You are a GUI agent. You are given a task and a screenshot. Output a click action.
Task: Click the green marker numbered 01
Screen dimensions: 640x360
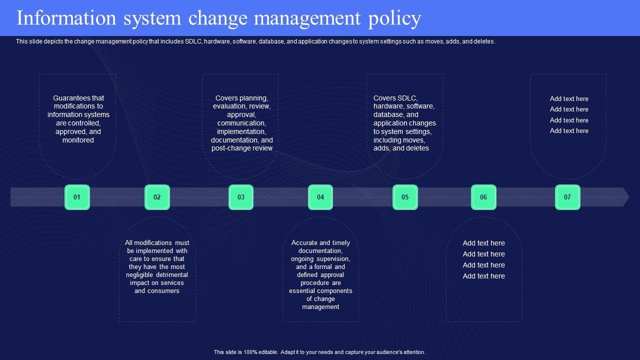coord(77,197)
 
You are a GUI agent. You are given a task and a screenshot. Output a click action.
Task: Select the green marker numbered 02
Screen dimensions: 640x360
coord(157,197)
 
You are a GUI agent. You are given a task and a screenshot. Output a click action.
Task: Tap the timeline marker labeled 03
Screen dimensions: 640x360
coord(241,197)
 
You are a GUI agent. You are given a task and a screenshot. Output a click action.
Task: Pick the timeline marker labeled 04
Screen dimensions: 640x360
coord(320,197)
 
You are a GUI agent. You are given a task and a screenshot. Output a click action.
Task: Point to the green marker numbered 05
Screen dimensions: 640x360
coord(405,197)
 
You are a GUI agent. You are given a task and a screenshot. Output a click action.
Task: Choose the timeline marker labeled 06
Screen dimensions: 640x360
coord(483,197)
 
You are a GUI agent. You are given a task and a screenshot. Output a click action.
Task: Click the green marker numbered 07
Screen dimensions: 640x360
coord(567,197)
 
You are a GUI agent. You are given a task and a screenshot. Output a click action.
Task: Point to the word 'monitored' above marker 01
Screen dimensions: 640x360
coord(78,140)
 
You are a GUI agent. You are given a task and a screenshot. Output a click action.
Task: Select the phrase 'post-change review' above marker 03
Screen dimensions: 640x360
coord(242,148)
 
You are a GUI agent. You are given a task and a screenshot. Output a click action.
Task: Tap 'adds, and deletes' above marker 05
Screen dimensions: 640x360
coord(401,148)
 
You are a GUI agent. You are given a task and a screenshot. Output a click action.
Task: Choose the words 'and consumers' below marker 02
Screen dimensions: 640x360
coord(156,290)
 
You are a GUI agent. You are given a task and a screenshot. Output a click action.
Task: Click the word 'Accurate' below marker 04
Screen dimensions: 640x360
coord(304,242)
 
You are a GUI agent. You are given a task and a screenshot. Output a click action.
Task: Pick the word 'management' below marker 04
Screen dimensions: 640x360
coord(320,306)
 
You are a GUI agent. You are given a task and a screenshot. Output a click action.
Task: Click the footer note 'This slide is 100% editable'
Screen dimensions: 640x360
coord(244,352)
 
